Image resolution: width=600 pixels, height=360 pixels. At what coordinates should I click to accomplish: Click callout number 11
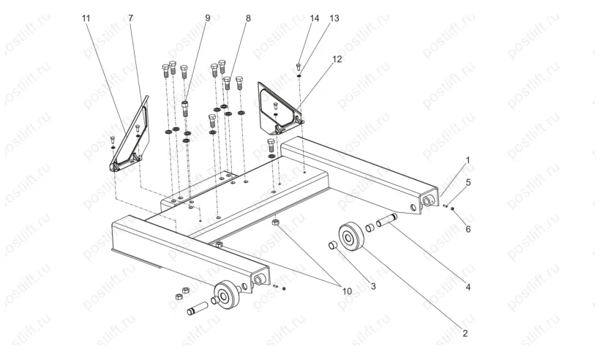point(86,18)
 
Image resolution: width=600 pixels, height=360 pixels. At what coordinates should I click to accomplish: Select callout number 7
point(131,18)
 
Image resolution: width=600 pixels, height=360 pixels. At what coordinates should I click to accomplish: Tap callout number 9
point(208,18)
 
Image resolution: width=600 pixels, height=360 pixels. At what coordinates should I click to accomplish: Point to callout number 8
point(248,18)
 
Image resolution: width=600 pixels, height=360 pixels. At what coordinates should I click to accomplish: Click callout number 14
point(315,18)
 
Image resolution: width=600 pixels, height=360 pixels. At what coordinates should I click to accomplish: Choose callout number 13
point(334,18)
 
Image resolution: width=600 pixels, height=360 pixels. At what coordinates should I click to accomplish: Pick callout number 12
point(337,59)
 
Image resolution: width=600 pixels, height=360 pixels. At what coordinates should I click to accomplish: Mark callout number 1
point(468,160)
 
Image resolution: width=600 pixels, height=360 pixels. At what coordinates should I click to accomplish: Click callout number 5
point(468,182)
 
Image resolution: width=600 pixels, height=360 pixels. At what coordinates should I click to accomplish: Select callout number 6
point(468,229)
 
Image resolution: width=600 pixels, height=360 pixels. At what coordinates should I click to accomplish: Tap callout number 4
point(468,287)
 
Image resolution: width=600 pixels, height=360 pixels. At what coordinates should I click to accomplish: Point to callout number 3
point(373,286)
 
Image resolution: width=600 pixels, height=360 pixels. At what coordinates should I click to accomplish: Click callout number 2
point(465,333)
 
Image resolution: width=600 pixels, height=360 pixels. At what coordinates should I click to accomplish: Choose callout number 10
point(347,291)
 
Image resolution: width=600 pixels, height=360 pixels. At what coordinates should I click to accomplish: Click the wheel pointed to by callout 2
point(351,236)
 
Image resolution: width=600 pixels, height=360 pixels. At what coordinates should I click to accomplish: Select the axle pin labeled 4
point(386,220)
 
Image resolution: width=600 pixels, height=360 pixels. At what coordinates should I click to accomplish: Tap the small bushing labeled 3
point(333,245)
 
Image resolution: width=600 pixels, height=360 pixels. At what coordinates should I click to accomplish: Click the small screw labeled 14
point(299,67)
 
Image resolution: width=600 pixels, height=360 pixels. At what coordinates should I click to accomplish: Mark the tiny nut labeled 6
point(452,209)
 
